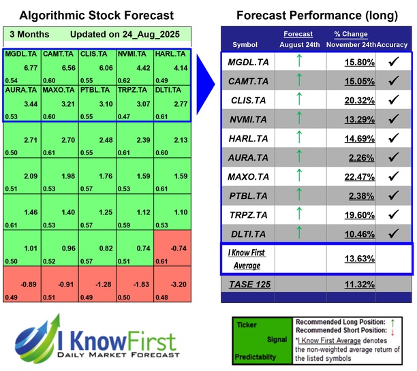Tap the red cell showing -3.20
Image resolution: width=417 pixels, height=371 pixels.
175,284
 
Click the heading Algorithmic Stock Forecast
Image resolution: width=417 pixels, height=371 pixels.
96,16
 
